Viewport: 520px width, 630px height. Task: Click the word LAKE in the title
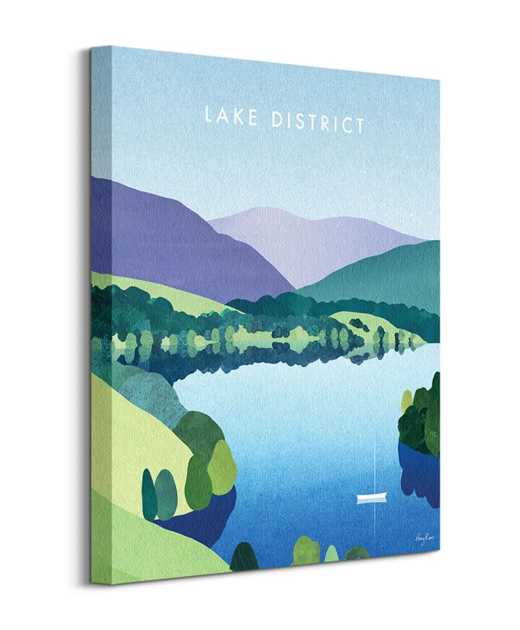pos(231,116)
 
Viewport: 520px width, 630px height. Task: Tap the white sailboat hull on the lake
pos(371,498)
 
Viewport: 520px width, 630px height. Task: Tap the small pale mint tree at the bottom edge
pos(331,554)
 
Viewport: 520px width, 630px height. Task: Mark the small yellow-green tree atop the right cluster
pos(407,401)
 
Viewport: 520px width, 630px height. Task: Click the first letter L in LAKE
pos(209,114)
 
